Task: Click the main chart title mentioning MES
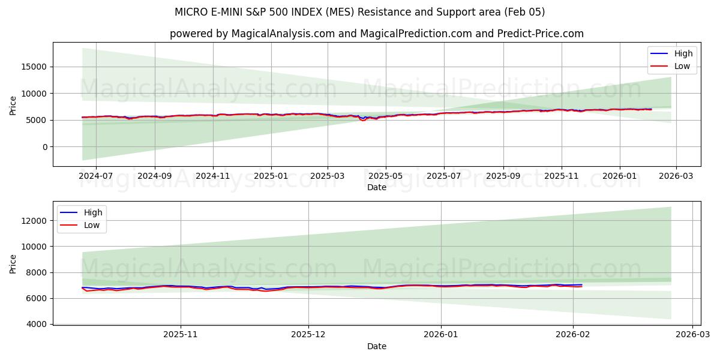[359, 12]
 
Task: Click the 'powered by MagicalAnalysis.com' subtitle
[376, 34]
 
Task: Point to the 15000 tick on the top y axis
[35, 67]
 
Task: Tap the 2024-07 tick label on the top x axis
[95, 176]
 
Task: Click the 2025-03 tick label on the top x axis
[328, 176]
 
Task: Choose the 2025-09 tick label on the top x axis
[503, 176]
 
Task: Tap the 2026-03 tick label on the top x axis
[676, 176]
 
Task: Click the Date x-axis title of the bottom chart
[376, 346]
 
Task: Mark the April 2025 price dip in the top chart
[363, 120]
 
